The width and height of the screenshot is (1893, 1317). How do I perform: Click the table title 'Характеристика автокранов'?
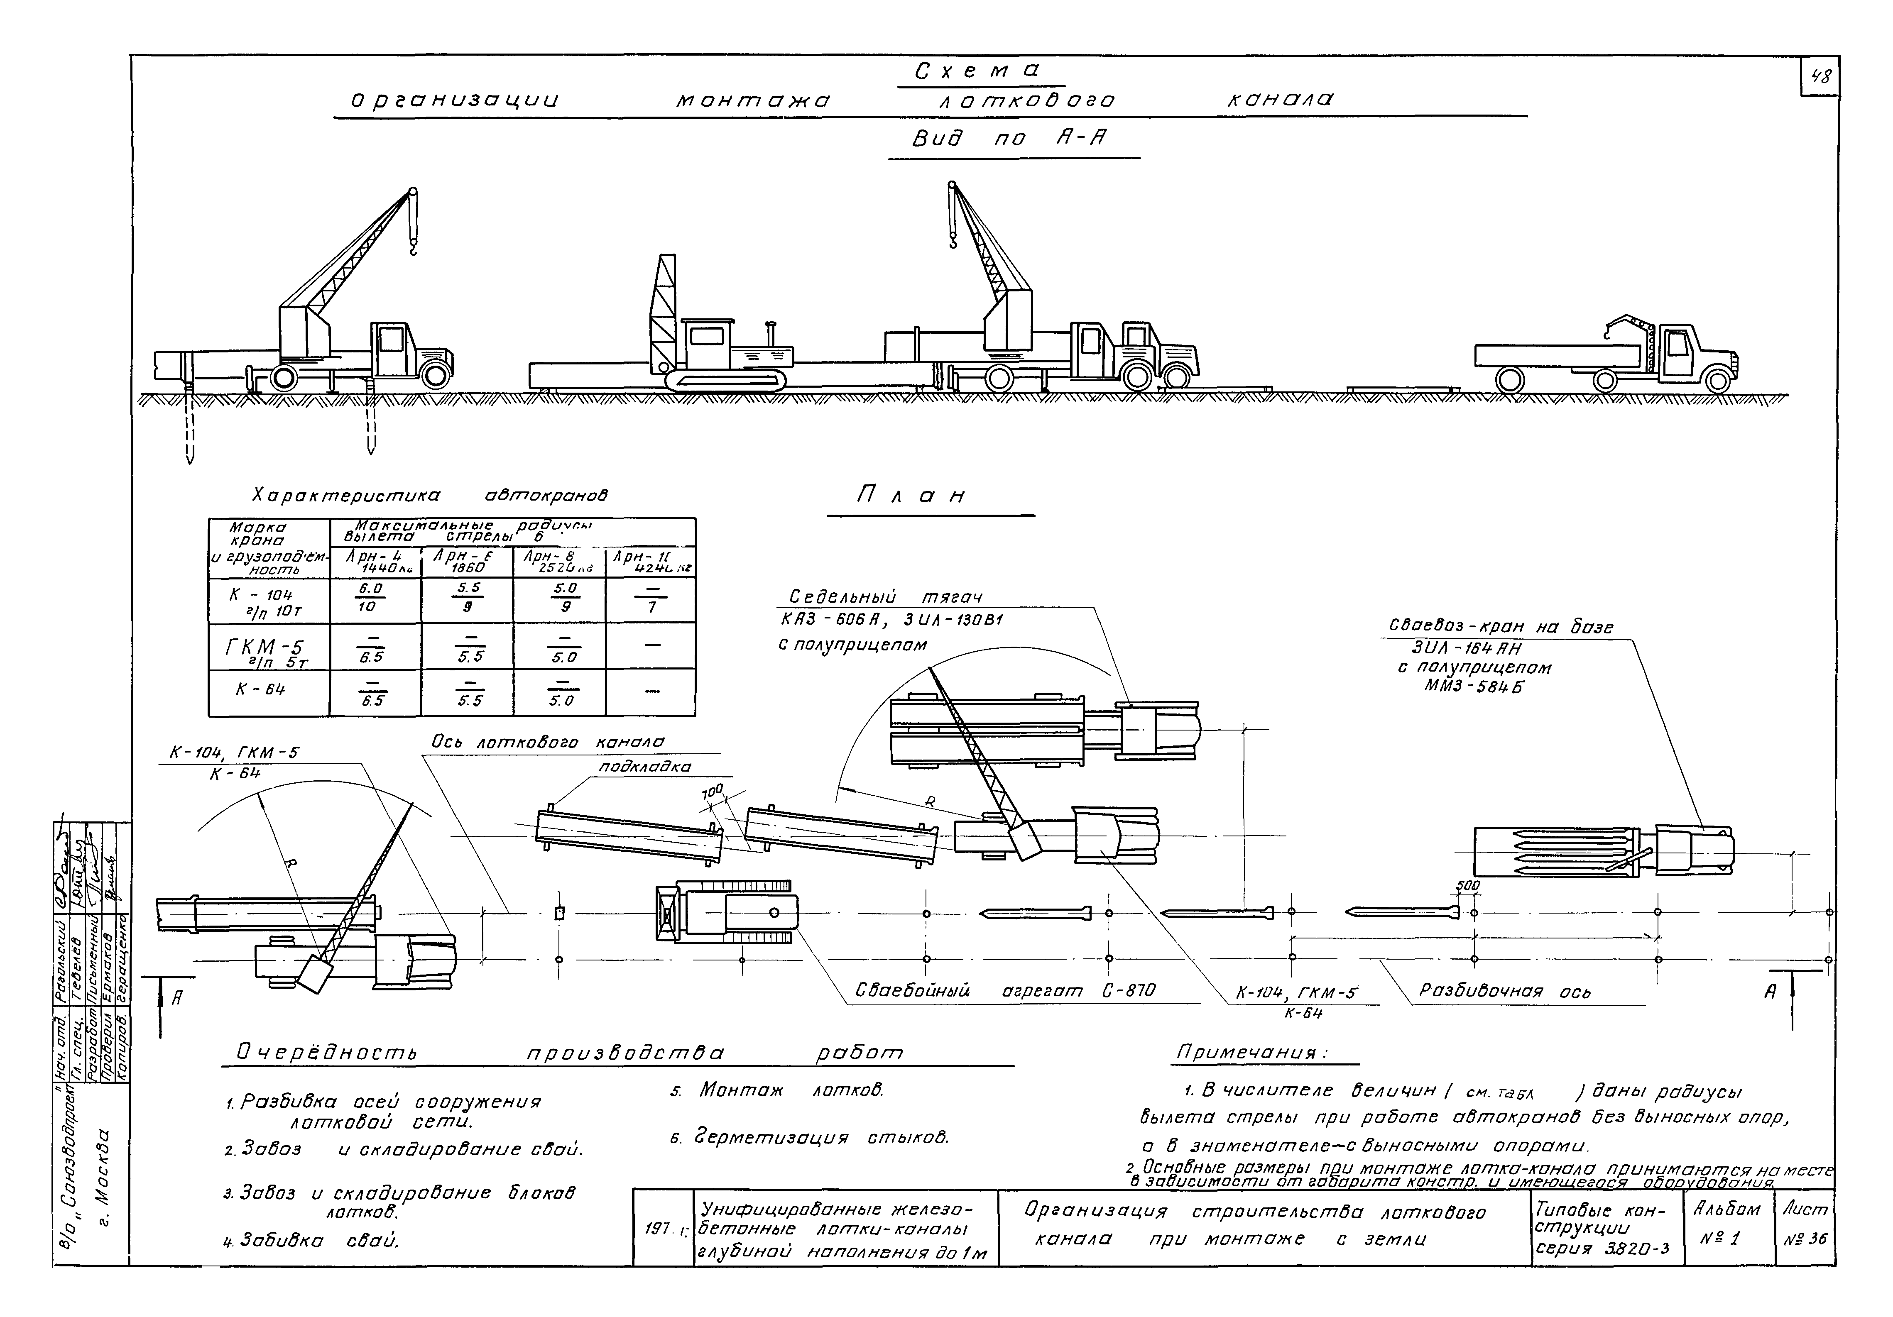pyautogui.click(x=429, y=496)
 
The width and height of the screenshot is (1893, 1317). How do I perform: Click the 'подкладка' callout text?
pyautogui.click(x=645, y=767)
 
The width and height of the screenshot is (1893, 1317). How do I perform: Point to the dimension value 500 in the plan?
pyautogui.click(x=1468, y=886)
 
